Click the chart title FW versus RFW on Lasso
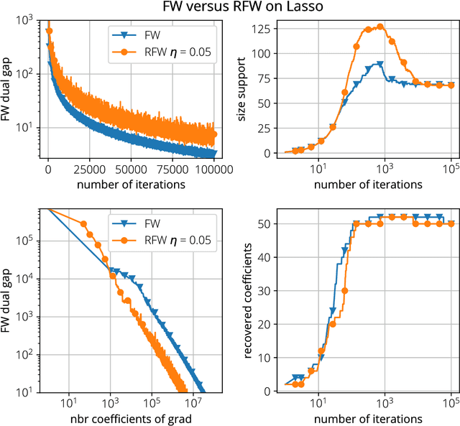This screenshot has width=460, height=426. (x=230, y=8)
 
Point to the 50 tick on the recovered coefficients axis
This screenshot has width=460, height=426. (x=271, y=224)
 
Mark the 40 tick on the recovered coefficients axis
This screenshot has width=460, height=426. (x=271, y=257)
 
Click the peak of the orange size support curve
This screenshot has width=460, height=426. (x=381, y=27)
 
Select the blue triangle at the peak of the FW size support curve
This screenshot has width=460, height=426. (x=379, y=64)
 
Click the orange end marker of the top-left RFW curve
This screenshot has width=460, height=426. (x=213, y=134)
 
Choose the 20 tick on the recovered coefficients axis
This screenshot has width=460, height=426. (x=271, y=324)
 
